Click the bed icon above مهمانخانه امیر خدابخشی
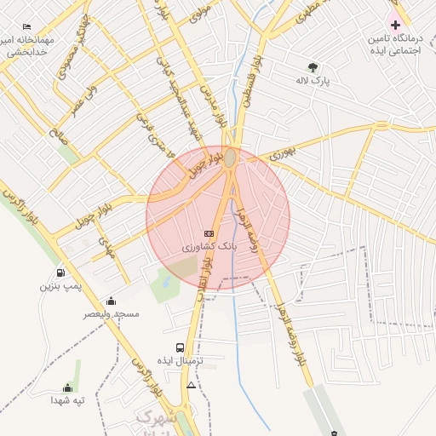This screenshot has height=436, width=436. (27, 27)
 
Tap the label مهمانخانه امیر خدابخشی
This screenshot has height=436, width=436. (28, 46)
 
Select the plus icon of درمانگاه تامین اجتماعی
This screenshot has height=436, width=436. (395, 25)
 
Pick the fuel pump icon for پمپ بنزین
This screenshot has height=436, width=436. (60, 272)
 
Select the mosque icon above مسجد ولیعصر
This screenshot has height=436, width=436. (111, 301)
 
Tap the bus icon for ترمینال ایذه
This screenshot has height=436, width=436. (180, 347)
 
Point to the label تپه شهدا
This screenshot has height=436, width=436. (67, 399)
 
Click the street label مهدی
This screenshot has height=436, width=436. (106, 247)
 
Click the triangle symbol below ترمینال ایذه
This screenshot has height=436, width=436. (191, 386)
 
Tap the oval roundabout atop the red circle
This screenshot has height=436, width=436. (229, 158)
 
